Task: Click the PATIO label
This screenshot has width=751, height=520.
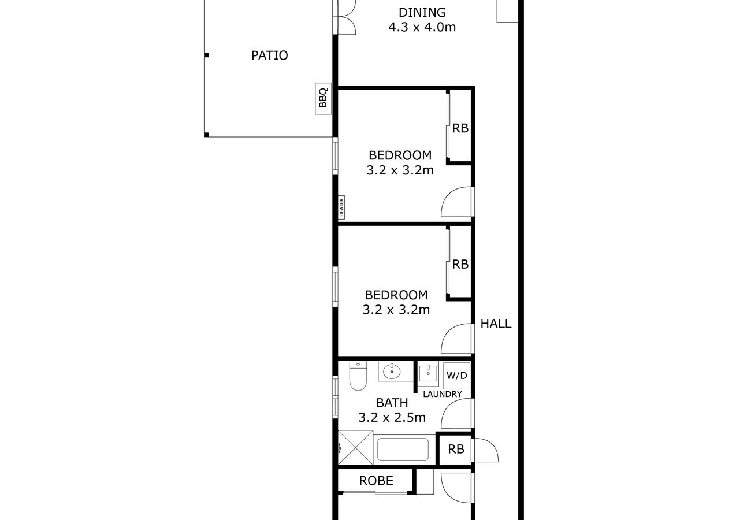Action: pos(270,55)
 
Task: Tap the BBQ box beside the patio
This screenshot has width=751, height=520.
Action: pos(323,99)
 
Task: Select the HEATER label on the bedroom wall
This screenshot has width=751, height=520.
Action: pos(341,207)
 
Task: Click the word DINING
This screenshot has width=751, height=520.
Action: pos(422,12)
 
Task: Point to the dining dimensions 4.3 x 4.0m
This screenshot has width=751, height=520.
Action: pos(422,27)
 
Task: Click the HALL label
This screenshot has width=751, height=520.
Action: pos(496,324)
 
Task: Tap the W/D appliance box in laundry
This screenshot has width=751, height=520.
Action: pos(456,376)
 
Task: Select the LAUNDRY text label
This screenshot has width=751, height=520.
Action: pos(442,394)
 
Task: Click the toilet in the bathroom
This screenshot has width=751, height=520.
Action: pos(358,376)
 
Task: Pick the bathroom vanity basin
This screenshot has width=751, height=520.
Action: pos(392,371)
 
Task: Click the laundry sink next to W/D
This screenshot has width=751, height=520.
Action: pos(428,372)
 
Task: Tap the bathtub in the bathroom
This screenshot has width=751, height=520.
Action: pos(404,450)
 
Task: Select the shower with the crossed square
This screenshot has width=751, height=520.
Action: pos(355,448)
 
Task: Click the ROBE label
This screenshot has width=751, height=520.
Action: pos(376,481)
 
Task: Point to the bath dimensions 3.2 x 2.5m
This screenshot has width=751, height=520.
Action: pos(392,417)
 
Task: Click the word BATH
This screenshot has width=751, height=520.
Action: pos(392,403)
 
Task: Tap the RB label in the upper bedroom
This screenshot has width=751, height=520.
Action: pos(460,128)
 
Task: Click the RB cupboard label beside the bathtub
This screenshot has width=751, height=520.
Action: pos(456,450)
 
